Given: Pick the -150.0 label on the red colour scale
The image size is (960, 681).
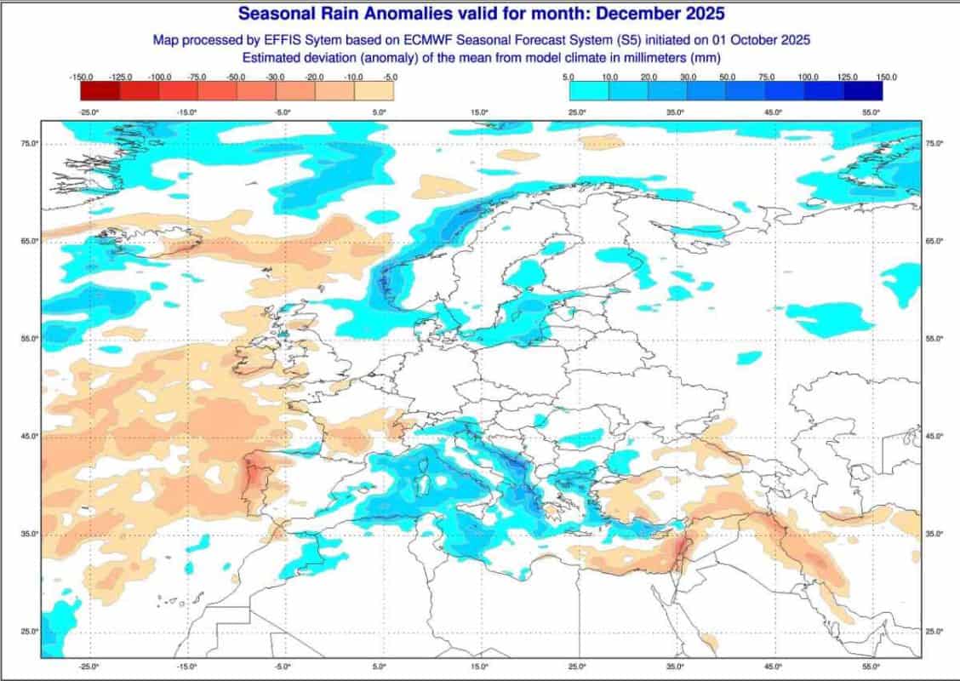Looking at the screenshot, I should pyautogui.click(x=82, y=77).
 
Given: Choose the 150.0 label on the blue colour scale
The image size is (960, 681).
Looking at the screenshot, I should pyautogui.click(x=887, y=77).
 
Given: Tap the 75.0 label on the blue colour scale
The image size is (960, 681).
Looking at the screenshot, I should pyautogui.click(x=766, y=77).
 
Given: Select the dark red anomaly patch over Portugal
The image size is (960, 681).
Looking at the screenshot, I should pyautogui.click(x=254, y=477).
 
